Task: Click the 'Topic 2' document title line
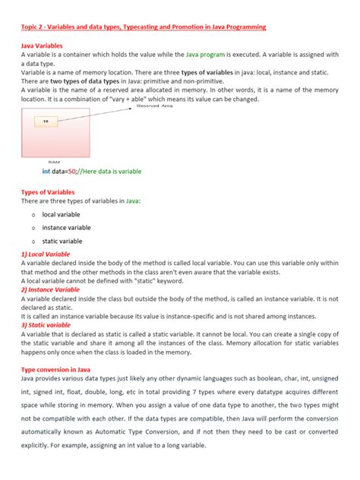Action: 144,27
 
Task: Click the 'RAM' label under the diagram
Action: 54,162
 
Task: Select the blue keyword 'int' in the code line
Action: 46,172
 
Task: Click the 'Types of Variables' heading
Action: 51,192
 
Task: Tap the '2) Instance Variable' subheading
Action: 51,289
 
